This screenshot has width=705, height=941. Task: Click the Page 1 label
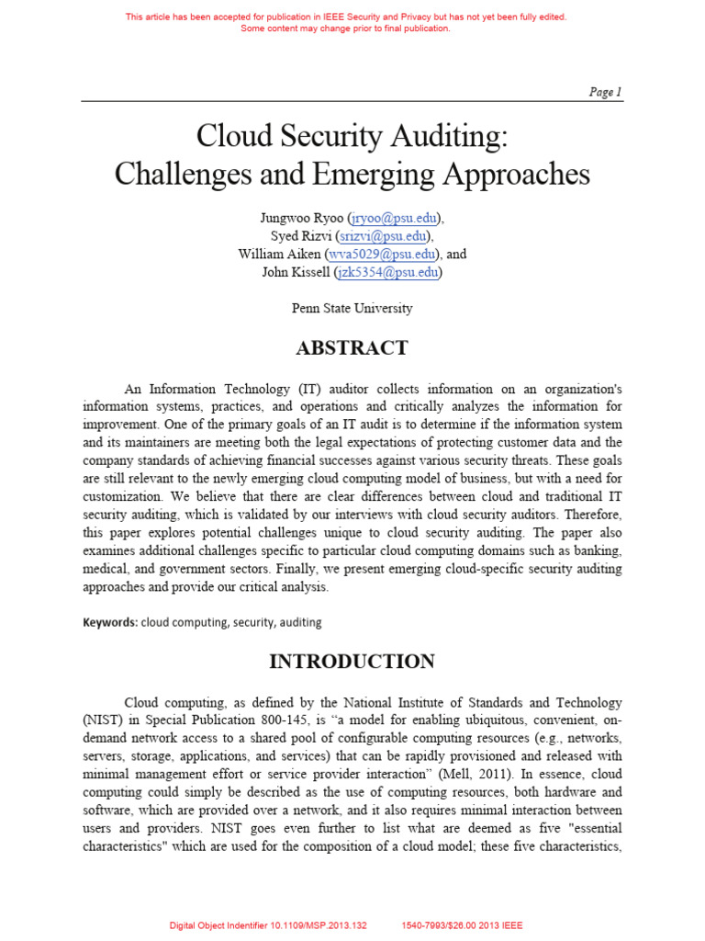pyautogui.click(x=605, y=91)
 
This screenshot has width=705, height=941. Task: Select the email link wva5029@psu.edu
pyautogui.click(x=390, y=255)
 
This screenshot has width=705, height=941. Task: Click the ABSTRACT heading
pyautogui.click(x=352, y=348)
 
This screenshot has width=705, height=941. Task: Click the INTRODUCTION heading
pyautogui.click(x=352, y=662)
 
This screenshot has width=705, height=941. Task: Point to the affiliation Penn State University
pyautogui.click(x=352, y=309)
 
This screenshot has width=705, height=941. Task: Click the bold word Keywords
pyautogui.click(x=109, y=622)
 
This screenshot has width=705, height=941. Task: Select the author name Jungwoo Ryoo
pyautogui.click(x=301, y=218)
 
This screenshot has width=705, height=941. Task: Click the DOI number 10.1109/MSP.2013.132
pyautogui.click(x=318, y=925)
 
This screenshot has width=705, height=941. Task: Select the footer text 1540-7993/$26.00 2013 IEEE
pyautogui.click(x=463, y=925)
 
